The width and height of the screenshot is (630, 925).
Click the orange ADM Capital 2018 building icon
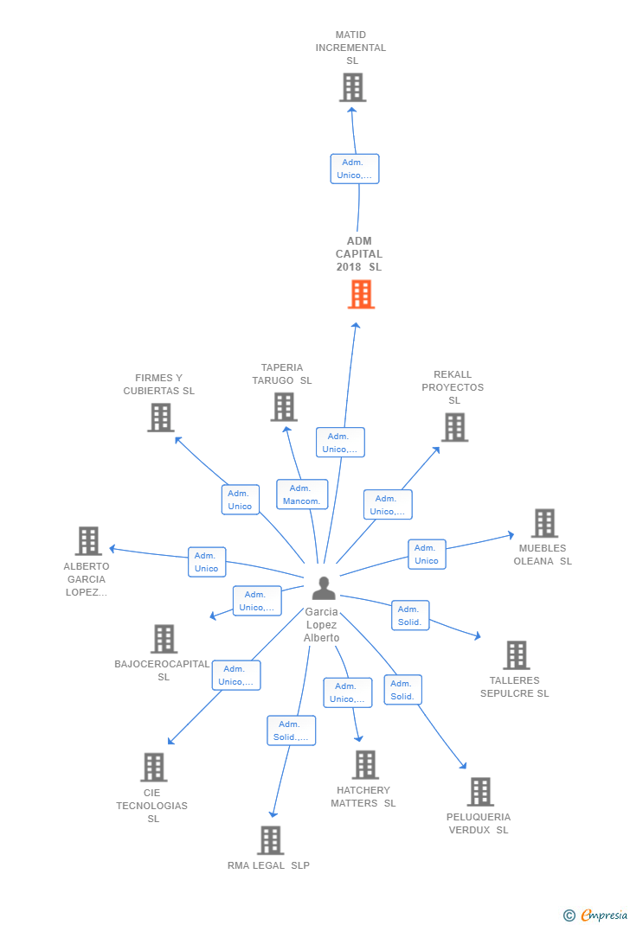coord(361,294)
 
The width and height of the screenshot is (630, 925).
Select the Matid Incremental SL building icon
coord(353,87)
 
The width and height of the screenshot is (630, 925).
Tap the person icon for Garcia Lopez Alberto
coord(324,588)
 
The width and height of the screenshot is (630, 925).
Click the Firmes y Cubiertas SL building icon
coord(161,418)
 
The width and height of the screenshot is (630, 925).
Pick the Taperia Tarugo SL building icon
coord(284,407)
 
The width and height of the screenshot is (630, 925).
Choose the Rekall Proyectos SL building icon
coord(454,427)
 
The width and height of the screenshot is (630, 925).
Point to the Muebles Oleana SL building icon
coord(544,523)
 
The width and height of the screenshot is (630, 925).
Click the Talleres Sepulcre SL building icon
coord(517,654)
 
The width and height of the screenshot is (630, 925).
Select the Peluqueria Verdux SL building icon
coord(480,792)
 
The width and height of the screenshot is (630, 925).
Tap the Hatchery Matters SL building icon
coord(365,764)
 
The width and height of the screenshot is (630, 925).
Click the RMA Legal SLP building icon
coord(271,840)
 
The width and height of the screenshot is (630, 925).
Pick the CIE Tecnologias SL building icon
coord(154,767)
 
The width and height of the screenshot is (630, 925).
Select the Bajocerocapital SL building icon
coord(164,639)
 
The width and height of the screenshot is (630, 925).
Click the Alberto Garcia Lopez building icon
coord(88,541)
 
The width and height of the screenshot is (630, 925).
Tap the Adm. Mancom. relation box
coord(302,494)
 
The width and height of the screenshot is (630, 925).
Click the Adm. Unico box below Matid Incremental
coord(355,169)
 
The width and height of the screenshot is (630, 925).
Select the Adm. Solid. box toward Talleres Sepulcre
coord(410,616)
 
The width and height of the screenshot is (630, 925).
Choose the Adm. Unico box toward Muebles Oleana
coord(427,554)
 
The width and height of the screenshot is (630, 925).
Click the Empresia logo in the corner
coord(595,915)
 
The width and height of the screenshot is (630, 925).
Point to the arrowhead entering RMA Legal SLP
coord(273,814)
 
